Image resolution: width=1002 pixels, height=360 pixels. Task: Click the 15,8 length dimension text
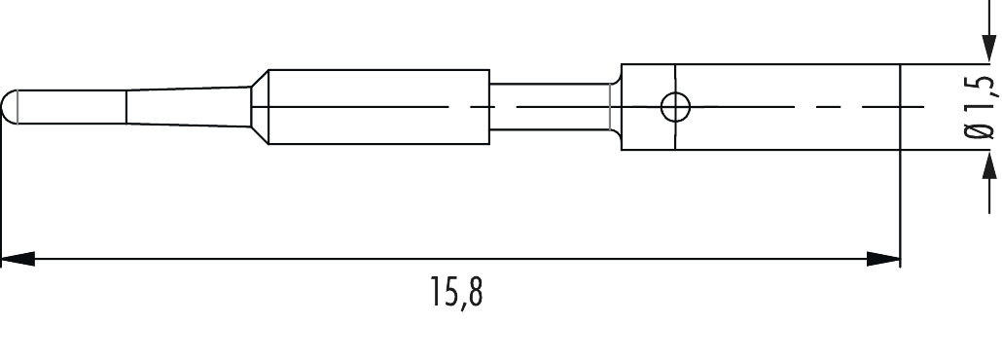(x=456, y=293)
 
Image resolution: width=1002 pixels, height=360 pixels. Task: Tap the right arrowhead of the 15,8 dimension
(x=883, y=260)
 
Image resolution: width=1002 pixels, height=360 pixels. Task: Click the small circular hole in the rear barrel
(x=673, y=107)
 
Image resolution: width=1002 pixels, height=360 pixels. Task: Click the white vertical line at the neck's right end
(x=610, y=106)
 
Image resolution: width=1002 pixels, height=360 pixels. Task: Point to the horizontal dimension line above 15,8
(x=447, y=260)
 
